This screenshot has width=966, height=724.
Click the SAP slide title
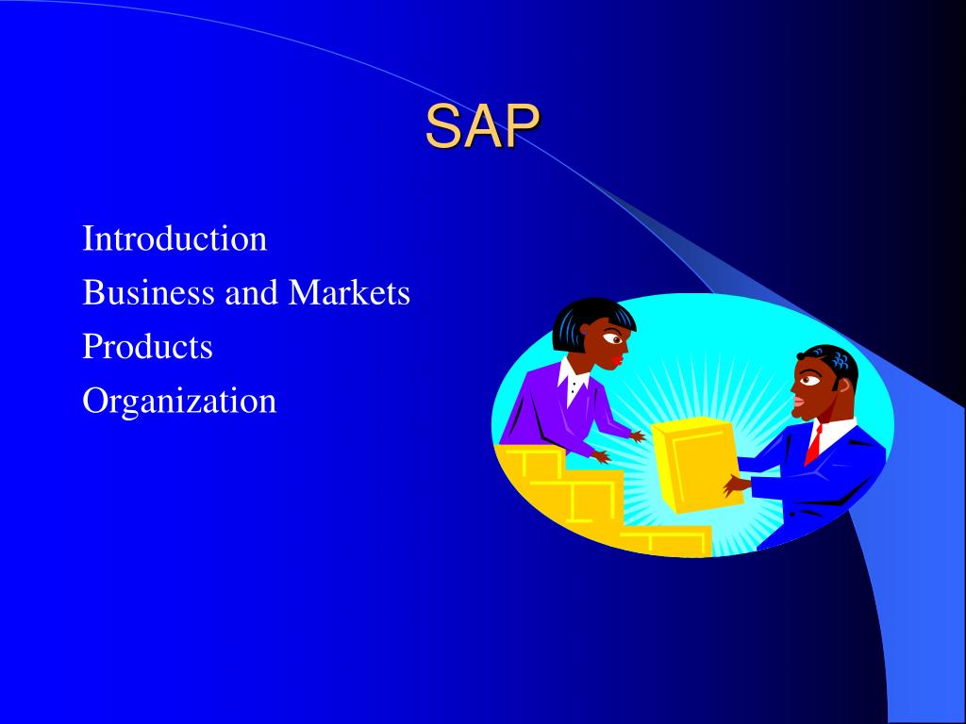(x=482, y=126)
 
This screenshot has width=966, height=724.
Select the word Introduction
(x=175, y=239)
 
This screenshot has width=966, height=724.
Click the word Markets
(x=349, y=292)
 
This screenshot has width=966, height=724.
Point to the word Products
(x=148, y=346)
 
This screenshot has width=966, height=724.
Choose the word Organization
(x=179, y=401)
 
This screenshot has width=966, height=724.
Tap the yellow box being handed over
(x=696, y=464)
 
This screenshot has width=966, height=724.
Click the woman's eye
(x=612, y=337)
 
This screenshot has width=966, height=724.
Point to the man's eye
(x=808, y=380)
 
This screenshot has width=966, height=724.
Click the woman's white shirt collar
(x=573, y=381)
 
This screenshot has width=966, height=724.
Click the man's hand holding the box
(x=737, y=485)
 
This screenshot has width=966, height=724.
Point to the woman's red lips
(x=617, y=359)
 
